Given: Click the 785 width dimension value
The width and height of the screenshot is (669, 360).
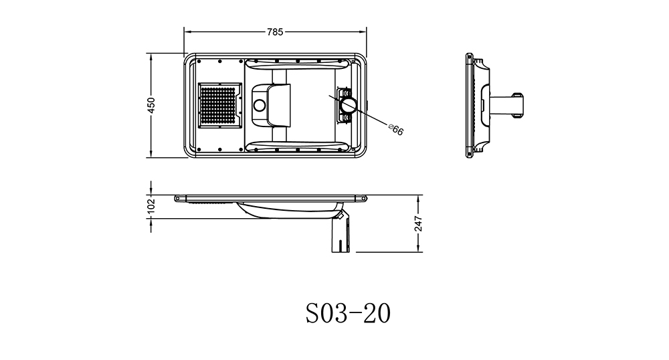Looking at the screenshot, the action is pyautogui.click(x=275, y=31).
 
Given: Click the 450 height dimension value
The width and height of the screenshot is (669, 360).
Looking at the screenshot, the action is pyautogui.click(x=151, y=105).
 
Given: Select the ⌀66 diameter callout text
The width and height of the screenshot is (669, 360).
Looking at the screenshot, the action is pyautogui.click(x=396, y=129).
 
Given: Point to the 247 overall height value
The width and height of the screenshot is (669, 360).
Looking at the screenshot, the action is pyautogui.click(x=418, y=223).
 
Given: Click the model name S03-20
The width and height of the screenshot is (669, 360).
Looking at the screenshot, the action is pyautogui.click(x=348, y=314).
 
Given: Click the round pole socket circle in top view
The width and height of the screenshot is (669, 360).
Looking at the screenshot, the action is pyautogui.click(x=348, y=104).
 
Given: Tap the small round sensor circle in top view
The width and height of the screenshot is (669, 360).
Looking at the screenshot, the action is pyautogui.click(x=259, y=105).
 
